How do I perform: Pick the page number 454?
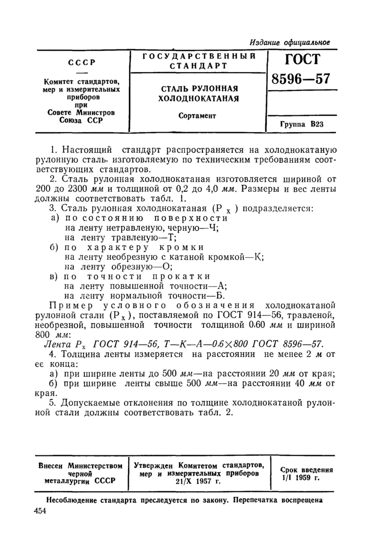point(40,511)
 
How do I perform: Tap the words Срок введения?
point(306,469)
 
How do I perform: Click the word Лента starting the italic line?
point(56,343)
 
